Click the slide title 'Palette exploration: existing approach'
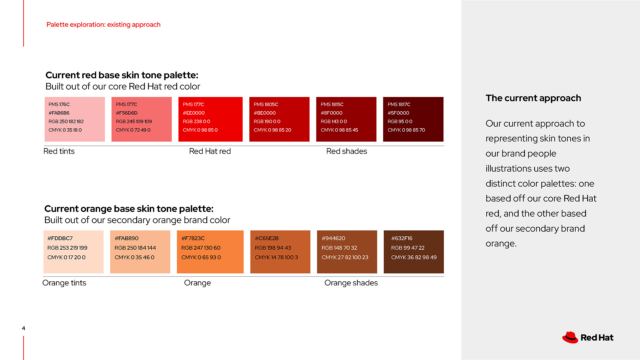coord(103,25)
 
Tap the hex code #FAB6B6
coord(59,113)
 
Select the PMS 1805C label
coord(266,104)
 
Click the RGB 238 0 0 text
coord(196,121)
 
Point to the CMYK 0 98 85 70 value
coord(406,130)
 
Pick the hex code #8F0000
coord(332,113)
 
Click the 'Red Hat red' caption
coord(210,151)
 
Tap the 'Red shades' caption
coord(347,151)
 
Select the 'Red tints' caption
coord(59,151)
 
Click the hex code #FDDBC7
coord(60,238)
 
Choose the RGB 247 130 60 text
coord(201,248)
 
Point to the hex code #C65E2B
coord(267,238)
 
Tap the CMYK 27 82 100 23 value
coord(345,257)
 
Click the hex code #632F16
coord(402,238)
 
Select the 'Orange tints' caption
coord(64,283)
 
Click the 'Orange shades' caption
coord(351,283)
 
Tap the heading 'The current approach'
coord(533,98)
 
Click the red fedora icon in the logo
coord(570,337)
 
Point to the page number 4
coord(23,328)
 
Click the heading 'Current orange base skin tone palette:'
coord(129,209)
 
